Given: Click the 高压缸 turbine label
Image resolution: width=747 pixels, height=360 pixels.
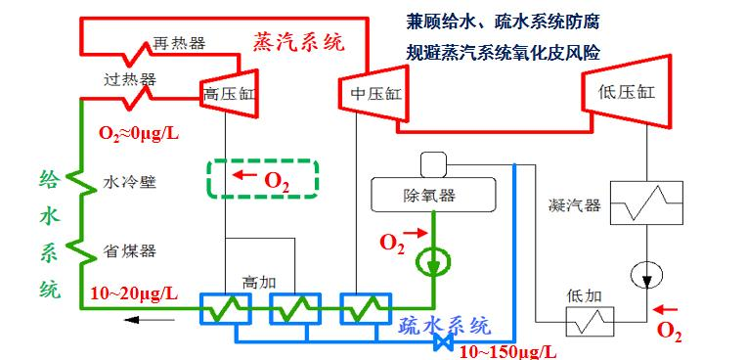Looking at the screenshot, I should coord(227,95).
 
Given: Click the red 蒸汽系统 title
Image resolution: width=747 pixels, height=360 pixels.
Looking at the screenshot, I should coord(298,42).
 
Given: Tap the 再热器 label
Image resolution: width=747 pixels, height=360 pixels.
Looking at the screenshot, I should coord(178,44).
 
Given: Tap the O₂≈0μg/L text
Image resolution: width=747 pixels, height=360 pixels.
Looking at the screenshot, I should coord(138,130).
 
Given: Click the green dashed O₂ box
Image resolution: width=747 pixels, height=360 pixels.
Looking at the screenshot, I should coord(263,178).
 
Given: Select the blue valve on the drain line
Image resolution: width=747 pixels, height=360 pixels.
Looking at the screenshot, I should coord(446,342).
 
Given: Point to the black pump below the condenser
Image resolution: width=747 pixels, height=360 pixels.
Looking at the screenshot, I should coord(647,272).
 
